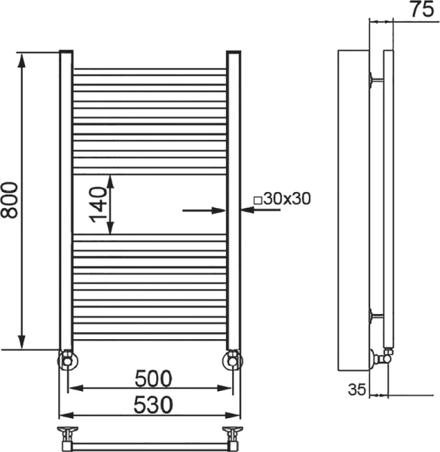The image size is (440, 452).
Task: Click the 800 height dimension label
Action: [10, 200]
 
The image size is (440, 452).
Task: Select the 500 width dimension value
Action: [154, 377]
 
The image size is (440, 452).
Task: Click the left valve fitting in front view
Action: [67, 360]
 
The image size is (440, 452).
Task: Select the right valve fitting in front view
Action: [233, 360]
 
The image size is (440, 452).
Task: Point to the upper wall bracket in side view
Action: [374, 78]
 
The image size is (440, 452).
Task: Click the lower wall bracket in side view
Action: [374, 316]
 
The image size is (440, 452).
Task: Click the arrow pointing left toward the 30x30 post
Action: [260, 211]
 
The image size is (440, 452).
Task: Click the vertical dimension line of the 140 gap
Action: [111, 204]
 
